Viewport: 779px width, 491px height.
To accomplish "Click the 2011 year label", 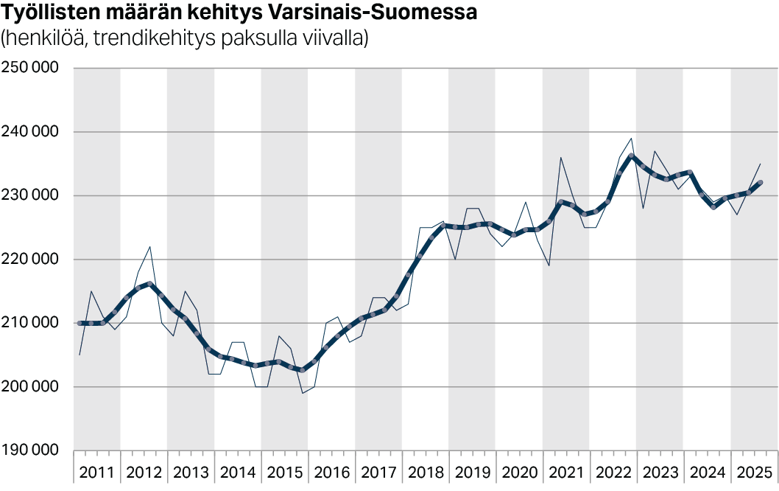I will coord(96,473).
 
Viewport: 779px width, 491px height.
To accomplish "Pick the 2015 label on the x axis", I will coord(284,473).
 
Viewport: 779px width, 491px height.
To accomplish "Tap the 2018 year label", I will coord(425,473).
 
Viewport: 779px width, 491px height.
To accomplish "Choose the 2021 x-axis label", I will coord(565,473).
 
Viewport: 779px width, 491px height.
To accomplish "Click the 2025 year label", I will coord(753,473).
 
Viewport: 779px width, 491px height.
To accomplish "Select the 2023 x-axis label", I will coord(660,473).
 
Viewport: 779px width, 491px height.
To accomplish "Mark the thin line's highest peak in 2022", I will coord(631,138).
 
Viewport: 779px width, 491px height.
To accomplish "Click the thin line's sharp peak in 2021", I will coord(560,157).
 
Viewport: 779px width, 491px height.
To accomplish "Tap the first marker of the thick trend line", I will coord(80,323).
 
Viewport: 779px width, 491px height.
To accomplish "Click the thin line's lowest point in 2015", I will coord(303,393).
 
